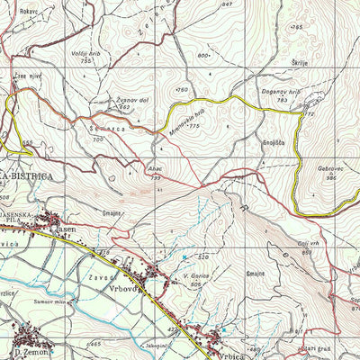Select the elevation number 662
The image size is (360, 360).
(x=125, y=107)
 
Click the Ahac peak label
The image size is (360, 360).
(x=155, y=169)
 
